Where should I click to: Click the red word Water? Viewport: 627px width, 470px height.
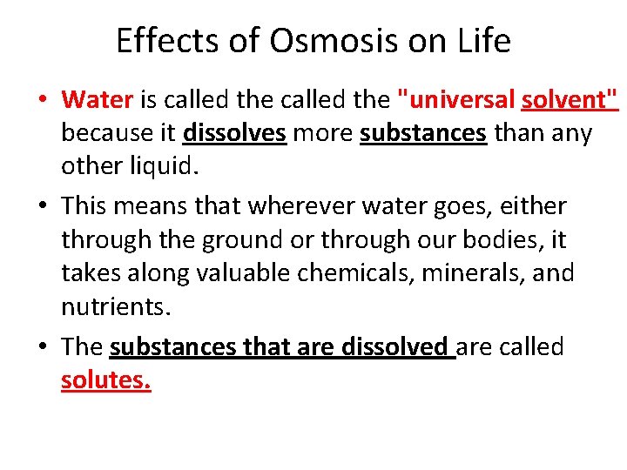pos(97,100)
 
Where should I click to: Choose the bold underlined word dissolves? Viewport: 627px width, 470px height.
pos(234,133)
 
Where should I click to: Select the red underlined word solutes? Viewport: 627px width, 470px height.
pos(106,380)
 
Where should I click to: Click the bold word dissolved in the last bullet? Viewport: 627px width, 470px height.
pos(394,346)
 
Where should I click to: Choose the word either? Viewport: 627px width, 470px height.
pos(533,206)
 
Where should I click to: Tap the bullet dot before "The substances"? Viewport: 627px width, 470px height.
pos(43,348)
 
